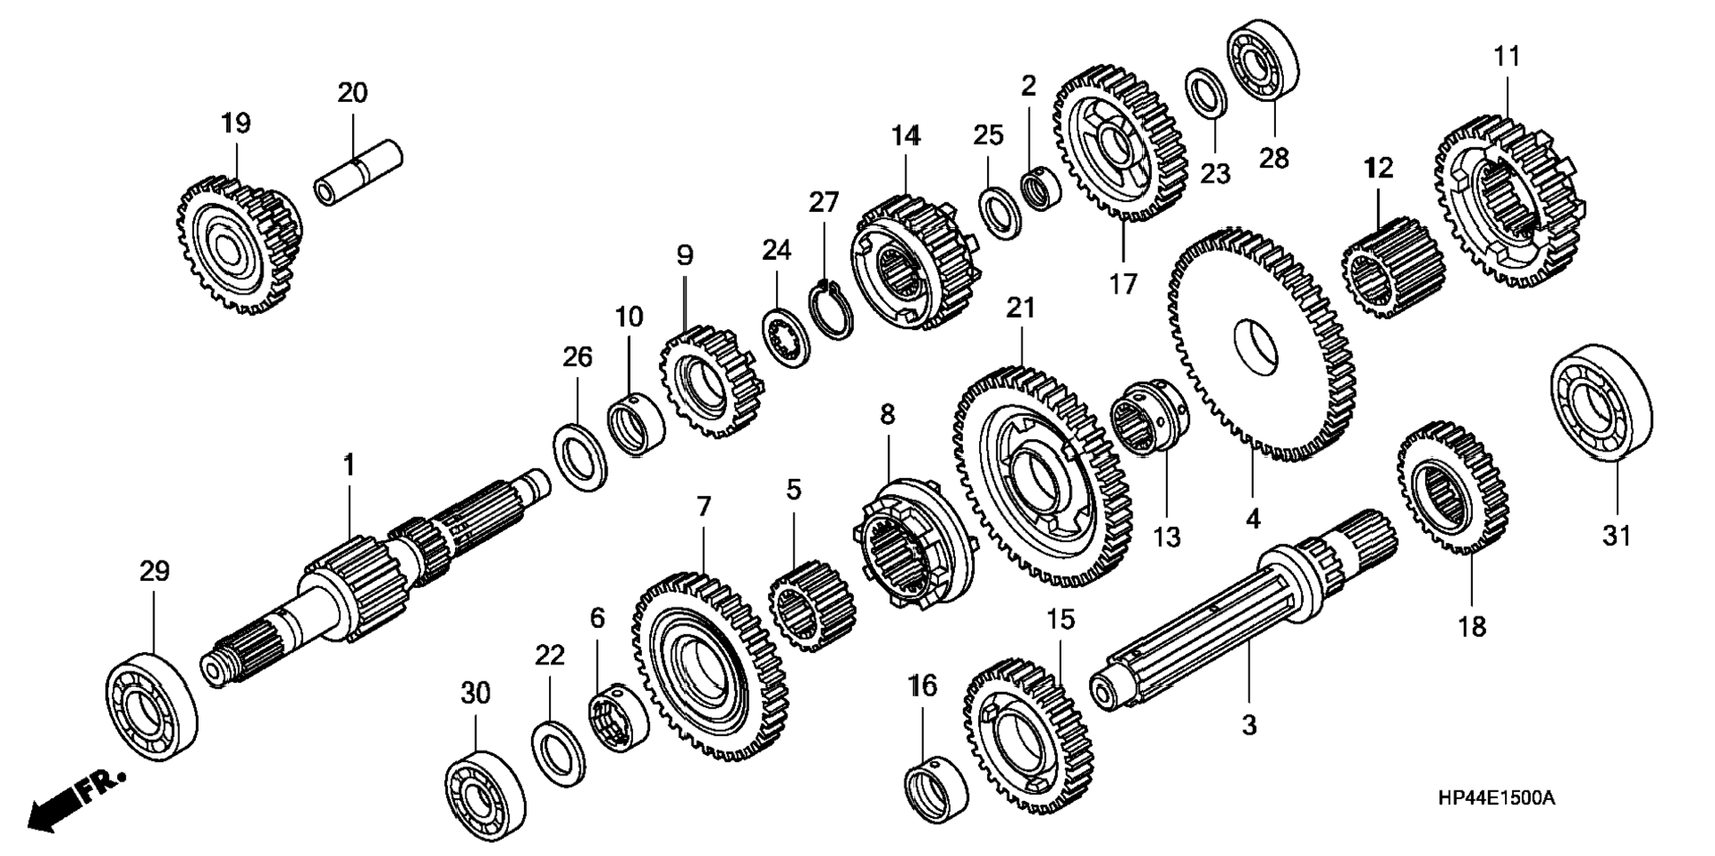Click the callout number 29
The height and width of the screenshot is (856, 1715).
click(x=154, y=571)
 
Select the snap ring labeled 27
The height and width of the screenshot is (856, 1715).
click(x=834, y=309)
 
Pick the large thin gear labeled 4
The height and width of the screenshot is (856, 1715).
click(x=1259, y=346)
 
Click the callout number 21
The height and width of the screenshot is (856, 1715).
click(x=1021, y=308)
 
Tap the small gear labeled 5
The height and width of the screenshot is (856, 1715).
click(x=811, y=607)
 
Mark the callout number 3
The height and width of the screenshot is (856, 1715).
click(x=1249, y=725)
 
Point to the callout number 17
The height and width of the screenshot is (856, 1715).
click(x=1122, y=285)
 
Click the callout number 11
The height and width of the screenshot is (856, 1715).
click(x=1507, y=57)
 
